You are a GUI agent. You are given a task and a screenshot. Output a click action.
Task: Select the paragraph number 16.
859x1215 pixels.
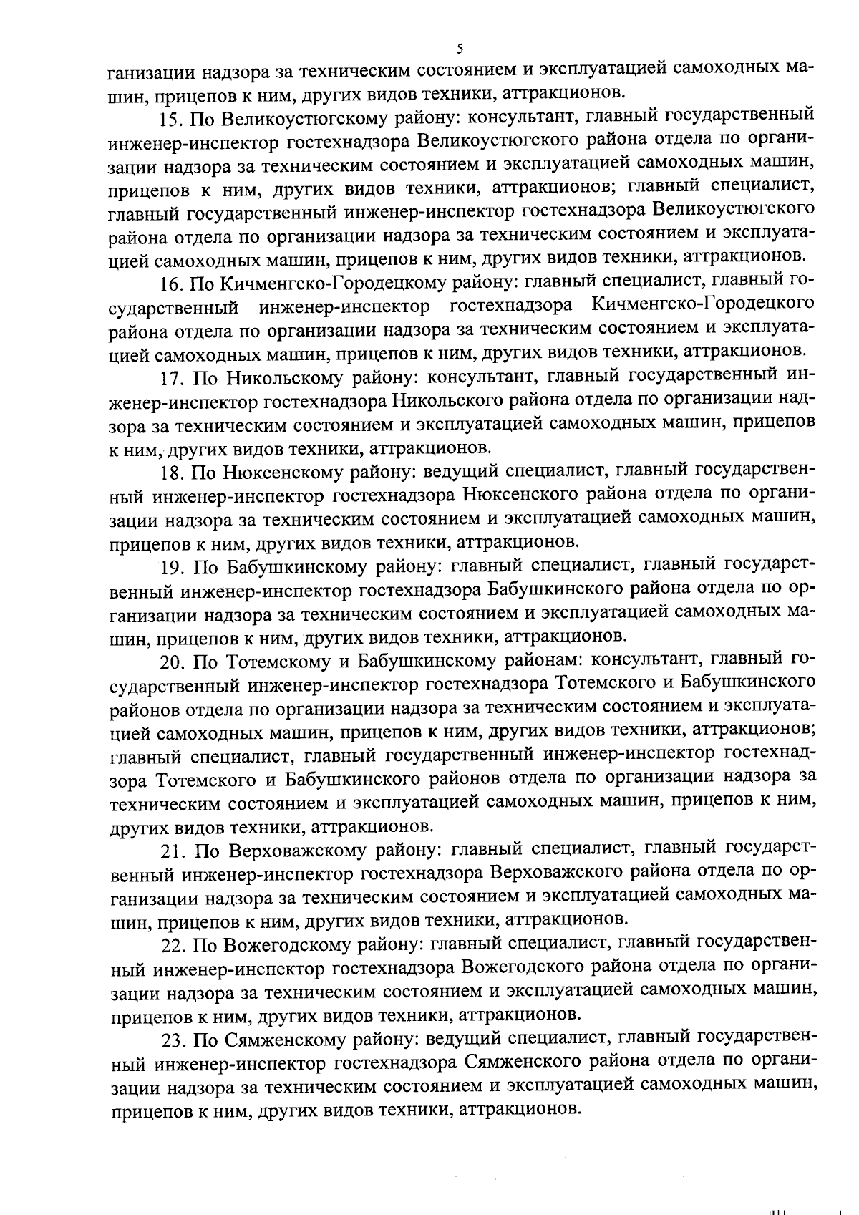172,284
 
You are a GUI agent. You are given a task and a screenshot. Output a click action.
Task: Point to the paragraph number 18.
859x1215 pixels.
172,473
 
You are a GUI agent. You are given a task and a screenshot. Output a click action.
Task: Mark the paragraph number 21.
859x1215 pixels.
172,851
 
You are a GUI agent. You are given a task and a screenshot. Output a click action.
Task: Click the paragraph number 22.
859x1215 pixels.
172,945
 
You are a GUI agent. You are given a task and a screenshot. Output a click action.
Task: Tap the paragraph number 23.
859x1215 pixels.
172,1040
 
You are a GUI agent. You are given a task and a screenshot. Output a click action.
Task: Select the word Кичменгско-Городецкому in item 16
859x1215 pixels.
330,284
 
